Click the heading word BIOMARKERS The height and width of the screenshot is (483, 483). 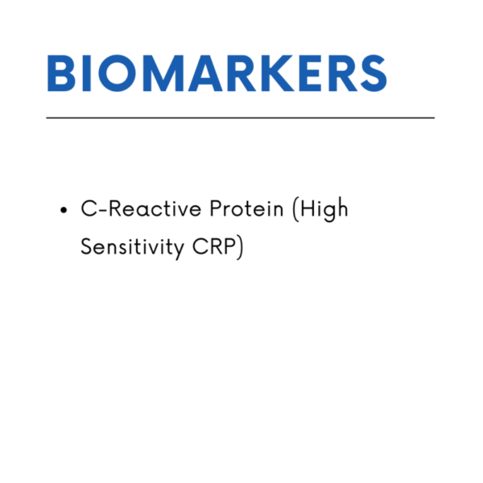[x=217, y=73]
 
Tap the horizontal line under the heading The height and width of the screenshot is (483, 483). [x=240, y=118]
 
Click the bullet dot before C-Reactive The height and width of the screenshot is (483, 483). [x=64, y=210]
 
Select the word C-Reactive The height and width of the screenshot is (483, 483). [x=141, y=208]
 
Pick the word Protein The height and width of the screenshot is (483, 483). [x=246, y=208]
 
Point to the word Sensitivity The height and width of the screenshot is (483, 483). [x=133, y=248]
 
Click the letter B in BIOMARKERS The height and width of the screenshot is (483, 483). [x=61, y=73]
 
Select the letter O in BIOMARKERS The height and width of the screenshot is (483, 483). [x=117, y=73]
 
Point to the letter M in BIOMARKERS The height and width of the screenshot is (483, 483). [x=163, y=73]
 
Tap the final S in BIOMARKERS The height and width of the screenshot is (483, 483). [x=374, y=73]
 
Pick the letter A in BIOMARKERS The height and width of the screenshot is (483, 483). [x=205, y=73]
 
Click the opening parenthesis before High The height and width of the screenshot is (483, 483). [x=295, y=209]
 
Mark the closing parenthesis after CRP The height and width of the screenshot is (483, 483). [x=240, y=248]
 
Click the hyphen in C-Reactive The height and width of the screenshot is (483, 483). [x=103, y=210]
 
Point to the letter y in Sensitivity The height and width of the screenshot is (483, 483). [x=178, y=251]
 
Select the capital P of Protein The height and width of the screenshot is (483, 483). [x=217, y=208]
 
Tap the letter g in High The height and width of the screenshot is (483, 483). [x=329, y=213]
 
